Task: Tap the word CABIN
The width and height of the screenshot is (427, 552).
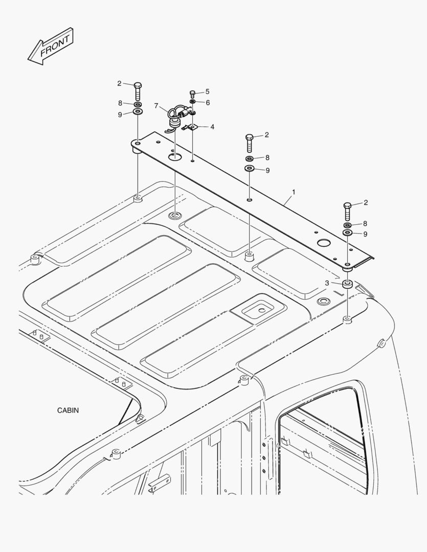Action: (68, 410)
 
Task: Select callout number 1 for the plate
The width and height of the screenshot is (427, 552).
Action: (294, 193)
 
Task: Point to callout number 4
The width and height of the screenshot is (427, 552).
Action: (212, 126)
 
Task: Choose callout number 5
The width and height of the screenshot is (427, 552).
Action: (207, 91)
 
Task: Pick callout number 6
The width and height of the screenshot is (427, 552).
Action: (207, 102)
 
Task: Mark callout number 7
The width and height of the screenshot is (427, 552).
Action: (156, 107)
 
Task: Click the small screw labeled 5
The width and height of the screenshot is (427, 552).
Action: (193, 94)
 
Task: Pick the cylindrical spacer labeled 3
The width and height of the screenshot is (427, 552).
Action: (347, 284)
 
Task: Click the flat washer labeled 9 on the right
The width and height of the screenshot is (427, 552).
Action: (347, 233)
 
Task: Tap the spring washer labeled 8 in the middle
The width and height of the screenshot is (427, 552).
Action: (250, 158)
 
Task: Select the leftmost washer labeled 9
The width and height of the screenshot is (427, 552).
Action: (138, 112)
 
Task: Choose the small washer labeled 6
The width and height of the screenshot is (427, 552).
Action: (193, 102)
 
